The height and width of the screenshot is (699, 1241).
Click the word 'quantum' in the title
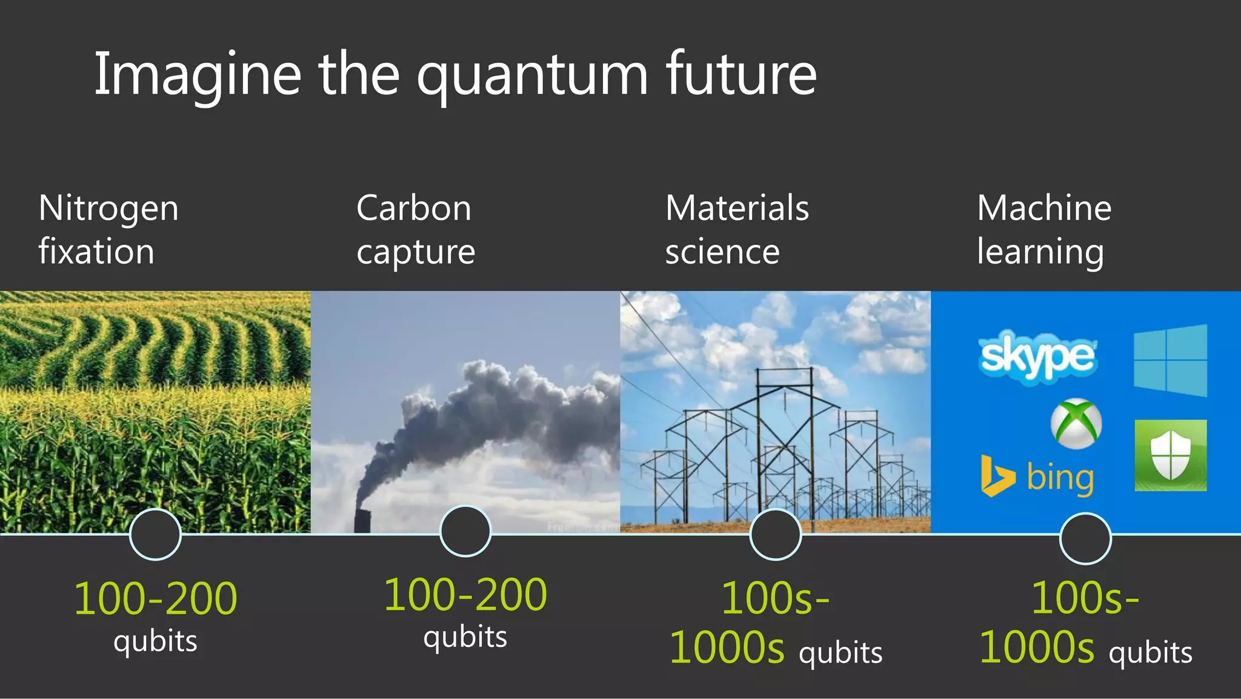point(532,76)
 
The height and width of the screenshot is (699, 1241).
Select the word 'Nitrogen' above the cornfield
point(108,209)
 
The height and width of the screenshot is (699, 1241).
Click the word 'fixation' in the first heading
point(96,252)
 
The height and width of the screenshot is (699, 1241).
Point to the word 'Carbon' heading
point(414,209)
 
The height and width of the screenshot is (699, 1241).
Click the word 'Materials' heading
point(737,209)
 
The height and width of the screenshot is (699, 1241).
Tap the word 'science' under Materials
point(722,252)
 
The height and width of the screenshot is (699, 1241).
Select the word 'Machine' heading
point(1044,209)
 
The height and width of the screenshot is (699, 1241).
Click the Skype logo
point(1037,356)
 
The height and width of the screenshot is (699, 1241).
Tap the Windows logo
point(1170,361)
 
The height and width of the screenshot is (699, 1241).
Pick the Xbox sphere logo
point(1076,423)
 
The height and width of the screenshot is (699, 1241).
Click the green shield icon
point(1170,455)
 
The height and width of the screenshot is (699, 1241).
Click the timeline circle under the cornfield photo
point(156,534)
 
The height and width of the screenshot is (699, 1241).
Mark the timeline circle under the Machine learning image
point(1085,538)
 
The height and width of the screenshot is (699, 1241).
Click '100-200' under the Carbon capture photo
point(465,595)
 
